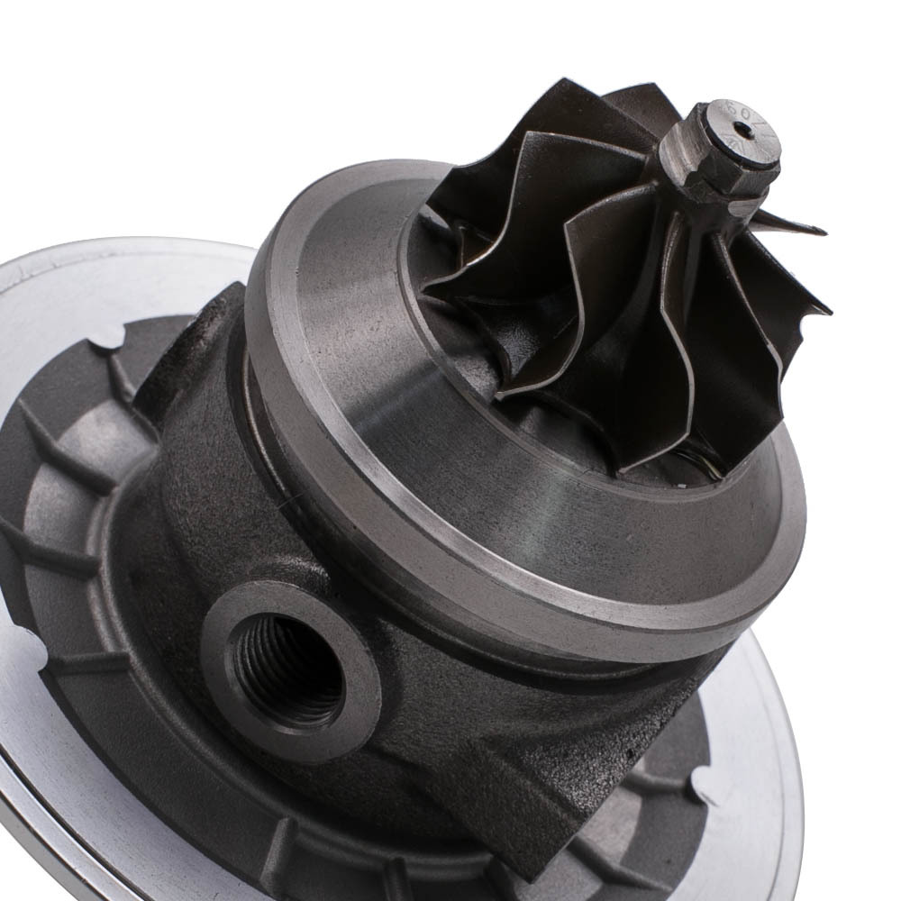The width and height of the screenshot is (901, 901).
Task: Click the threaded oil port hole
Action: point(287,668)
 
